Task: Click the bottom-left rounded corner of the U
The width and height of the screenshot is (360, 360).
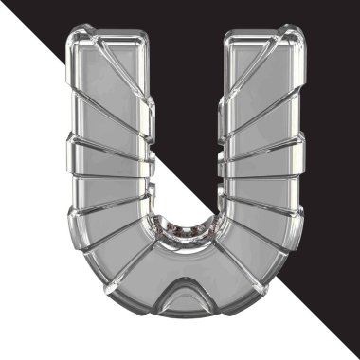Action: [95, 284]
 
